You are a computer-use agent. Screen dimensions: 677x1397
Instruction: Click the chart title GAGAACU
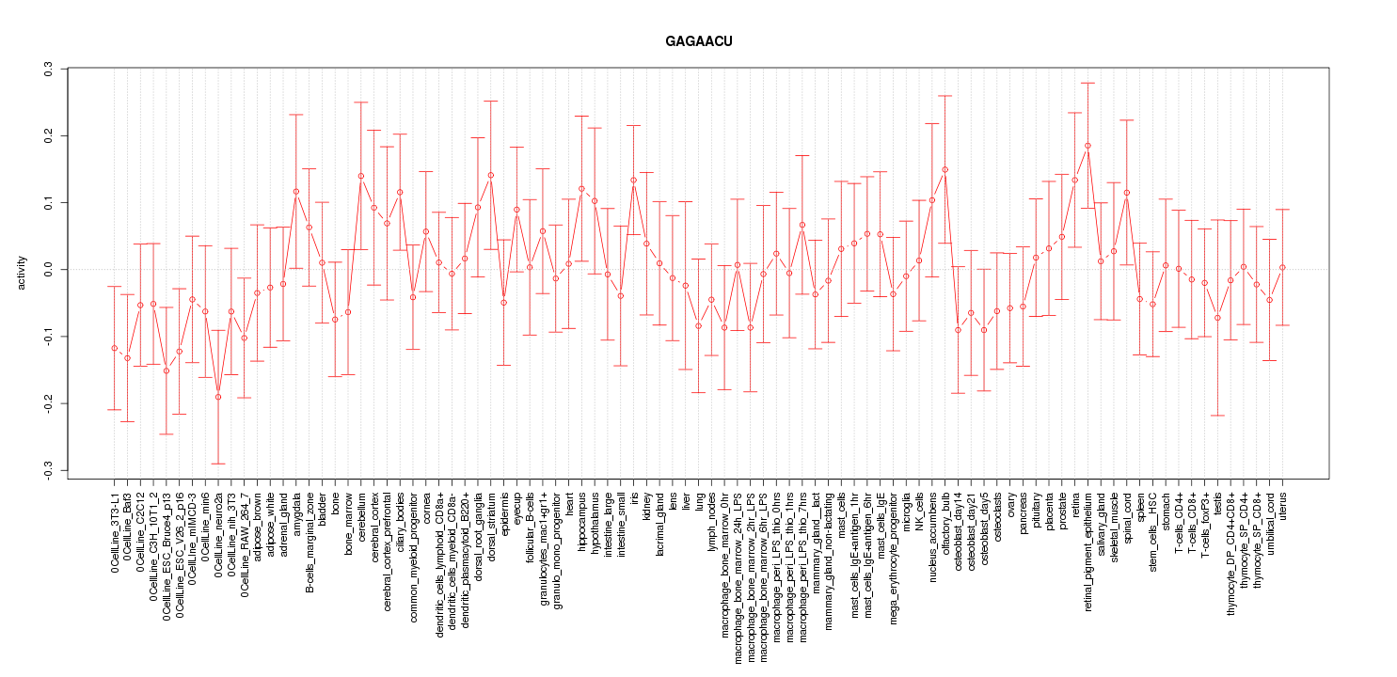coord(698,42)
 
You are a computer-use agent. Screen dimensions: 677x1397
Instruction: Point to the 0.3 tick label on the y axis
coord(47,69)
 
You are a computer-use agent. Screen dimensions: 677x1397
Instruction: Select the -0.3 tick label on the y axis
coord(47,470)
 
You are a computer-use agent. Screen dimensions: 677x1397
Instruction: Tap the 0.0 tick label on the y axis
coord(47,270)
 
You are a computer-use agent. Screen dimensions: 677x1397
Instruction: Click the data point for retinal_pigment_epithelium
coord(1087,146)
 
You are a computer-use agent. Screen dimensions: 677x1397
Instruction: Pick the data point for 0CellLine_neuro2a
coord(218,397)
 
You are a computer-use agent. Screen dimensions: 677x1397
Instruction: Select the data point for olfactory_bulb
coord(945,170)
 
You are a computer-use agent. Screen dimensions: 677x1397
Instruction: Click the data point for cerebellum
coord(361,176)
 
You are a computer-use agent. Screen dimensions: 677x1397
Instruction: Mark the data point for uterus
coord(1282,268)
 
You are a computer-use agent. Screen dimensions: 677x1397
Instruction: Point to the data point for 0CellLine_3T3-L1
coord(115,349)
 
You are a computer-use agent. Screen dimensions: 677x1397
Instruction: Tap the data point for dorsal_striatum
coord(491,176)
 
